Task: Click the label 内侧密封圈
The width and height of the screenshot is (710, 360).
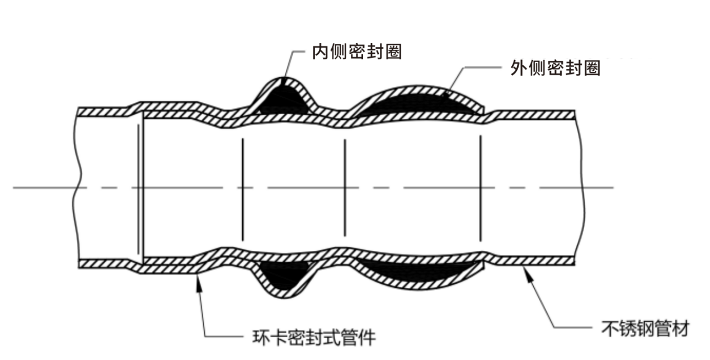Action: coord(356,52)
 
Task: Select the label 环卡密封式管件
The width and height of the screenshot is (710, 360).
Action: coord(311,338)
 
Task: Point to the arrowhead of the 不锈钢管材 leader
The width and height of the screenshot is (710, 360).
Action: coord(524,271)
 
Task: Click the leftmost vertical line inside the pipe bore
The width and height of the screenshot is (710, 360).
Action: coord(242,188)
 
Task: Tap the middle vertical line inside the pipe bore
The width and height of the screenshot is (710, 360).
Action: coord(344,188)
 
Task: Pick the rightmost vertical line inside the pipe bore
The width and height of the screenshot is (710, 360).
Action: coord(480,188)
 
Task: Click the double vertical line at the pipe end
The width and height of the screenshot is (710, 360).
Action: coord(140,188)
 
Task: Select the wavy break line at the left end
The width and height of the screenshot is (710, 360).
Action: coord(76,188)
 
